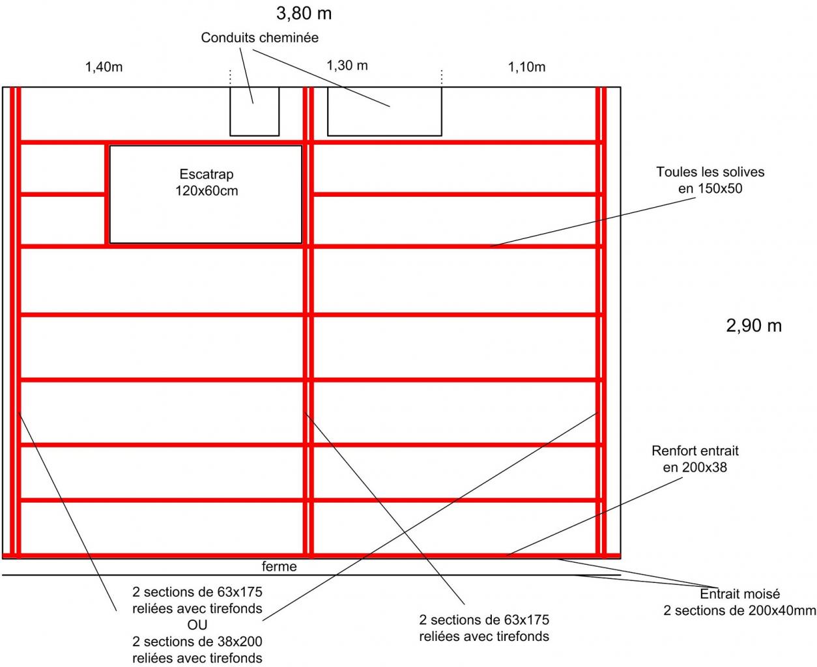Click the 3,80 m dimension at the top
click(304, 13)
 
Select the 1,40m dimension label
click(104, 66)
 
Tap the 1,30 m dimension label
click(347, 65)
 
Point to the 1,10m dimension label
click(526, 66)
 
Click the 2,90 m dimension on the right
click(753, 326)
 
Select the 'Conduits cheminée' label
click(259, 38)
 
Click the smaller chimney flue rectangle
click(254, 111)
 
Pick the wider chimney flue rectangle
click(384, 111)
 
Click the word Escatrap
click(206, 175)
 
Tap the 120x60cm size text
click(206, 192)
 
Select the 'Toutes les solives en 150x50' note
click(709, 180)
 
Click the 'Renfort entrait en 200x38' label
click(695, 459)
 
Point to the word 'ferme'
click(279, 567)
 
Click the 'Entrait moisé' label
click(739, 594)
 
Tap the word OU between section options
click(197, 625)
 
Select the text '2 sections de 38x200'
click(197, 642)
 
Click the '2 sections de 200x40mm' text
click(739, 610)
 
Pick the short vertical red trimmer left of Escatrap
click(106, 194)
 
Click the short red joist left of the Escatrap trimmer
click(63, 193)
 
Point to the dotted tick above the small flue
click(230, 77)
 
